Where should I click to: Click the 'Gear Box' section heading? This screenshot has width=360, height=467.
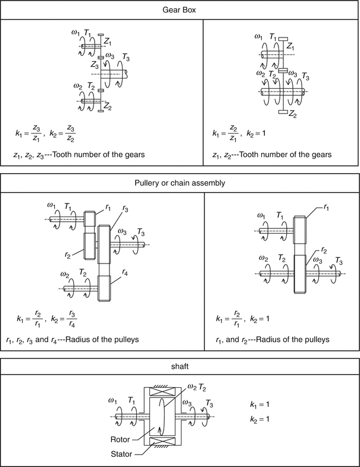point(180,11)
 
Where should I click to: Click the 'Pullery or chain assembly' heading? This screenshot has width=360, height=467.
point(180,183)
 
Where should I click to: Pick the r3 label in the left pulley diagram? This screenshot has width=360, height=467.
point(126,210)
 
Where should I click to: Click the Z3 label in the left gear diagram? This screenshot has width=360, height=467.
point(95,63)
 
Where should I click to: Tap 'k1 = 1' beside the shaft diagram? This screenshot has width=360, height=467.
point(259,405)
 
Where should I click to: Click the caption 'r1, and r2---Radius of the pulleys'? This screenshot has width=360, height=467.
point(271,340)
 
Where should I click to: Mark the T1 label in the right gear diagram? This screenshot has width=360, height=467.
point(273,37)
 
